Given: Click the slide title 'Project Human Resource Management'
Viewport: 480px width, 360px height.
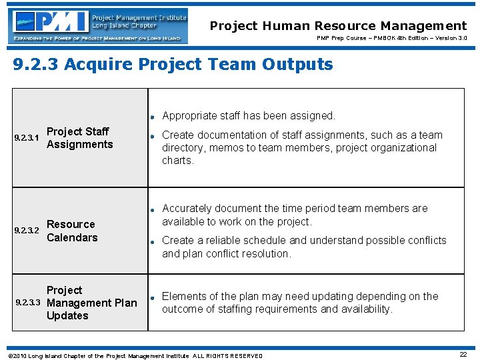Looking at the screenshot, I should click(338, 26).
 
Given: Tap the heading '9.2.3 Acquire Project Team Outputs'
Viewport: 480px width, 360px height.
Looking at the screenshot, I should click(173, 65).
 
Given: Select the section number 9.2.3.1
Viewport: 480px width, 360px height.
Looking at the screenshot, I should click(27, 139).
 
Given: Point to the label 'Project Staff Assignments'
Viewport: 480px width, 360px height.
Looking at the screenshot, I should click(79, 138).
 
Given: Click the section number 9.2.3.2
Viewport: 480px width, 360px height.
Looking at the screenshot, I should click(27, 231).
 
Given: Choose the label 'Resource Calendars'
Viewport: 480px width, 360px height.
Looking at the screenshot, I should click(71, 231).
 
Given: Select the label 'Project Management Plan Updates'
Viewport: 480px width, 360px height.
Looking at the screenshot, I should click(91, 303).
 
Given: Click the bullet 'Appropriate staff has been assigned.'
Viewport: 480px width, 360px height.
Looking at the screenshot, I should click(248, 116).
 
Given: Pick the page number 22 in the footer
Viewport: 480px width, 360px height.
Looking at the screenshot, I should click(463, 355).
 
